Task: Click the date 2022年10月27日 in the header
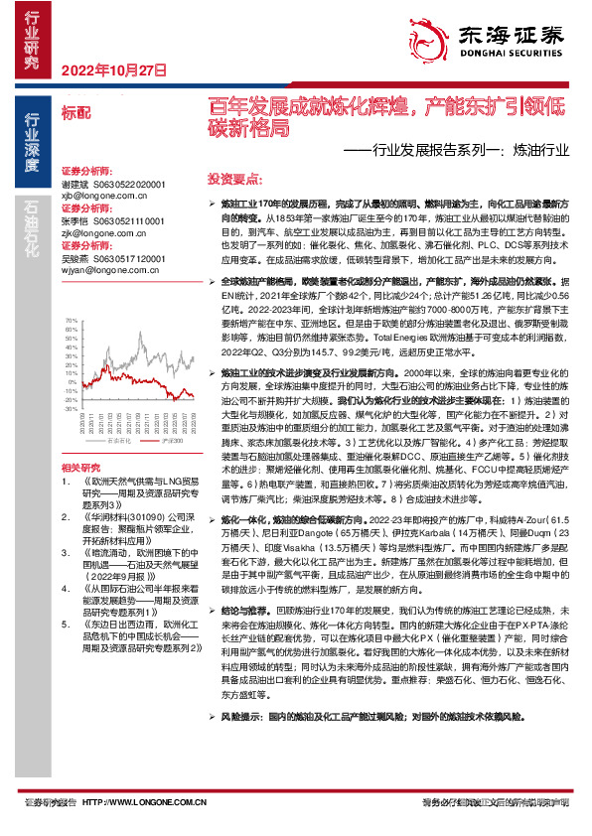point(111,70)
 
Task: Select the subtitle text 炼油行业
point(542,153)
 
